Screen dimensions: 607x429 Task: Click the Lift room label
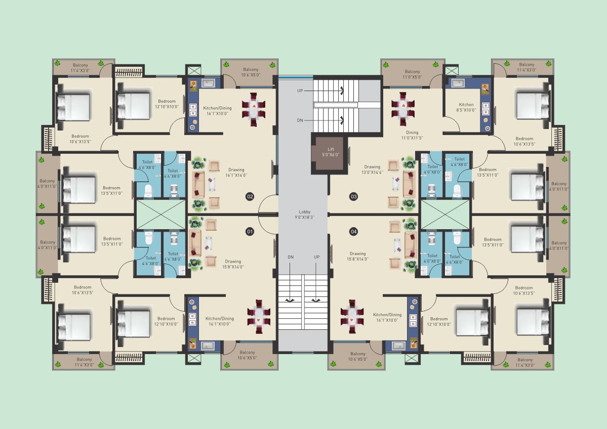coord(331,152)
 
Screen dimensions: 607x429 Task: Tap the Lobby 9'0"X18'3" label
coord(305,214)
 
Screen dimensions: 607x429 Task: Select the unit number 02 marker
coord(250,196)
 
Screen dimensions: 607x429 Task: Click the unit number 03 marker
coord(354,196)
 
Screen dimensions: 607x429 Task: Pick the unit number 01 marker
coord(250,232)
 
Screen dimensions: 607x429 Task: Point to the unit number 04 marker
coord(354,232)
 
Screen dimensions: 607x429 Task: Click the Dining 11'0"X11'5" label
coord(412,135)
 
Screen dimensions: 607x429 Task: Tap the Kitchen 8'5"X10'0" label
coord(466,107)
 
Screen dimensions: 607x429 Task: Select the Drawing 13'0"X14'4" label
coord(372,170)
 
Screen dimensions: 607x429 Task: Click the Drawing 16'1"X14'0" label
coord(236,173)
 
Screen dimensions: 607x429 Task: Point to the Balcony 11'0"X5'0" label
coord(412,74)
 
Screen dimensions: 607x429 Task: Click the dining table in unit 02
coord(253,109)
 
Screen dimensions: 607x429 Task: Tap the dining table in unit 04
coord(352,316)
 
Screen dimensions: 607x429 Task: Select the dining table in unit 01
coord(259,316)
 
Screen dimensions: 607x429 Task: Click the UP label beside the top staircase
coord(300,91)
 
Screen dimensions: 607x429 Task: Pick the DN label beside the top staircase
coord(300,120)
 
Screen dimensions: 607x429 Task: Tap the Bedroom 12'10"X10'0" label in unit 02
coord(167,104)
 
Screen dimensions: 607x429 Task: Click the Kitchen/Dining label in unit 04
coord(387,317)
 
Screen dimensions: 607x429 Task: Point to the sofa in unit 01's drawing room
coord(195,243)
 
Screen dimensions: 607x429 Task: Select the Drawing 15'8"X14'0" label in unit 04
coord(358,256)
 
